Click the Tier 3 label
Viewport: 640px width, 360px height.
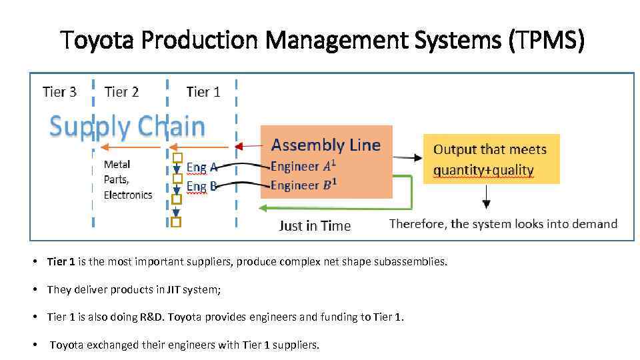click(x=59, y=92)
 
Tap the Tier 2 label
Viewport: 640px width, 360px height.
click(x=122, y=92)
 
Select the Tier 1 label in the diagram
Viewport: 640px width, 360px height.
click(x=203, y=92)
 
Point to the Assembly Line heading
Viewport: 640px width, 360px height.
click(x=326, y=145)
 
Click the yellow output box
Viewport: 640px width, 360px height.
click(x=491, y=159)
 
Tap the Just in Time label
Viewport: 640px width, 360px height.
click(x=315, y=225)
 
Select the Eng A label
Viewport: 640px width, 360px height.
click(x=201, y=167)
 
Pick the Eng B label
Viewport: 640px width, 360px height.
click(x=201, y=186)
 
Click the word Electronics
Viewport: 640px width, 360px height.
click(x=128, y=195)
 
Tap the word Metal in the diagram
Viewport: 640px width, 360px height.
click(x=117, y=164)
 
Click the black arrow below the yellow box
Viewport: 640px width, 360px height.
click(x=487, y=197)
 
